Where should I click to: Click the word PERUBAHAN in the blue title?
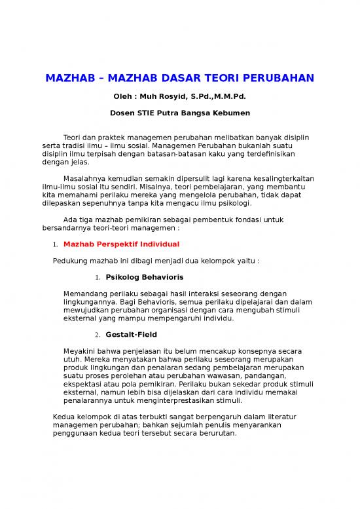pyautogui.click(x=277, y=79)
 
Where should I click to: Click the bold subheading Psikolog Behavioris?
pyautogui.click(x=140, y=277)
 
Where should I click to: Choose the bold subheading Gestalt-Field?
pyautogui.click(x=130, y=335)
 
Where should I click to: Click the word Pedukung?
pyautogui.click(x=70, y=260)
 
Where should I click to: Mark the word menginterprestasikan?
pyautogui.click(x=178, y=400)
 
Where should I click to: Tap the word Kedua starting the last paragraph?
pyautogui.click(x=63, y=417)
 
